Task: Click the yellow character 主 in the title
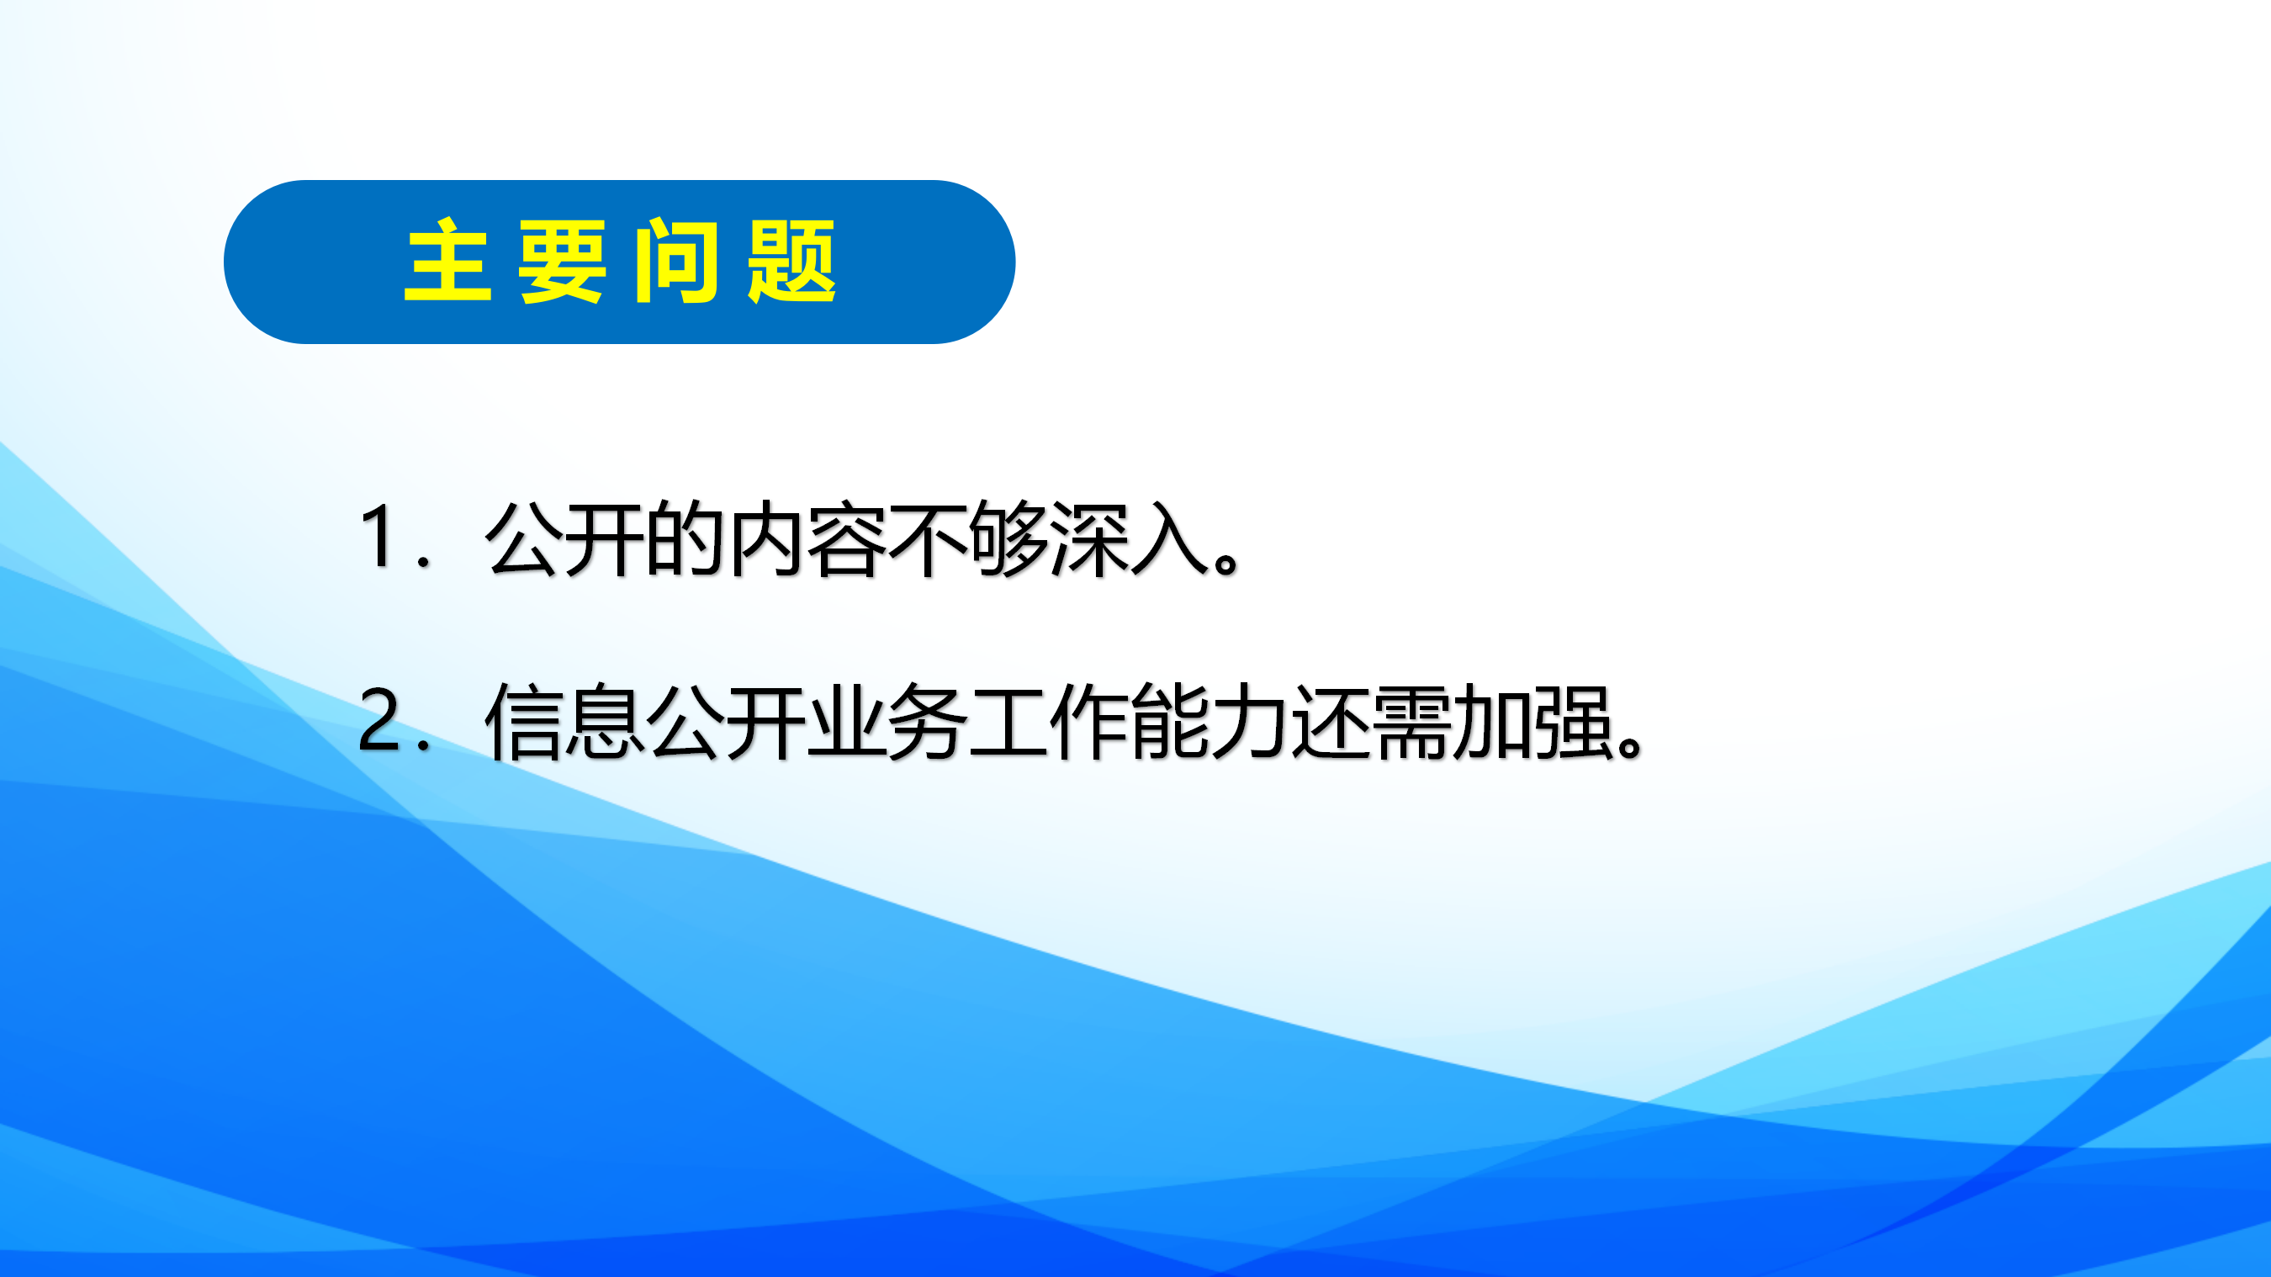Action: pyautogui.click(x=447, y=260)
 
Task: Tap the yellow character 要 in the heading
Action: pyautogui.click(x=563, y=261)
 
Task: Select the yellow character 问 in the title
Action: pyautogui.click(x=677, y=260)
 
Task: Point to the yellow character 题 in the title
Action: pyautogui.click(x=791, y=261)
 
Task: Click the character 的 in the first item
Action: pyautogui.click(x=684, y=537)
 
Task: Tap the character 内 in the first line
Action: pyautogui.click(x=765, y=537)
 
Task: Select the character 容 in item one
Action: pyautogui.click(x=845, y=537)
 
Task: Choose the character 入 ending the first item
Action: pyautogui.click(x=1169, y=537)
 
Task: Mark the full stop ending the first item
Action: pyautogui.click(x=1226, y=561)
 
